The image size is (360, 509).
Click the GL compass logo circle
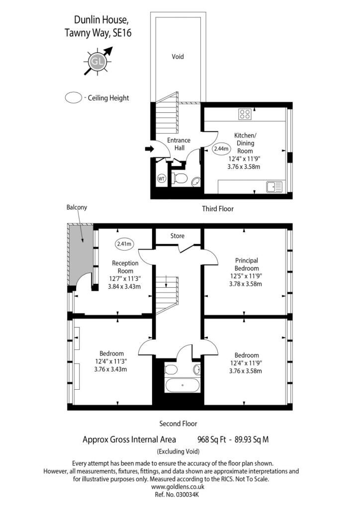coord(97,62)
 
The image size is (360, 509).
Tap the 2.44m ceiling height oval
coord(221,149)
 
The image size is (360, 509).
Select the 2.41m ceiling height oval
coord(124,244)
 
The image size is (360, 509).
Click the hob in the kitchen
coord(245,114)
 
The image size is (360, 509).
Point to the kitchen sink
coord(274,187)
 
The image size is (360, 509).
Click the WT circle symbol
coord(161,178)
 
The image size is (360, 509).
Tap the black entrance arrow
coord(149,149)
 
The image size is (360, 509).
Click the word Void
coord(178,57)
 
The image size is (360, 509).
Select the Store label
coord(177,236)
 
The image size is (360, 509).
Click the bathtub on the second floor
coord(182,385)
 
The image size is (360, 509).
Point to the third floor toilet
coord(180,178)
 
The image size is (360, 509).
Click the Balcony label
coord(77,207)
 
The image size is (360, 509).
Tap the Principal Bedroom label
coord(247,264)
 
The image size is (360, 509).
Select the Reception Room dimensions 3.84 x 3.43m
coord(124,287)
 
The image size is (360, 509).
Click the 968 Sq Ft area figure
coord(212,440)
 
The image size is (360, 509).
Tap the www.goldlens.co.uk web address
coord(178,487)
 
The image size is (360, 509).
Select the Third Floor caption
coord(217,209)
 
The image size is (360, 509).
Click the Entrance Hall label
coord(179,144)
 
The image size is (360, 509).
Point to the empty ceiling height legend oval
coord(74,98)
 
